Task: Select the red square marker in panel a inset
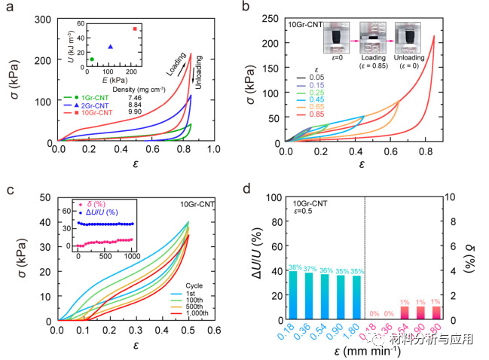[156, 29]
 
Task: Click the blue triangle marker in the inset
[111, 47]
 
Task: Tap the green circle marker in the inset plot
[91, 59]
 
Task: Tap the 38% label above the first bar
[294, 267]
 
